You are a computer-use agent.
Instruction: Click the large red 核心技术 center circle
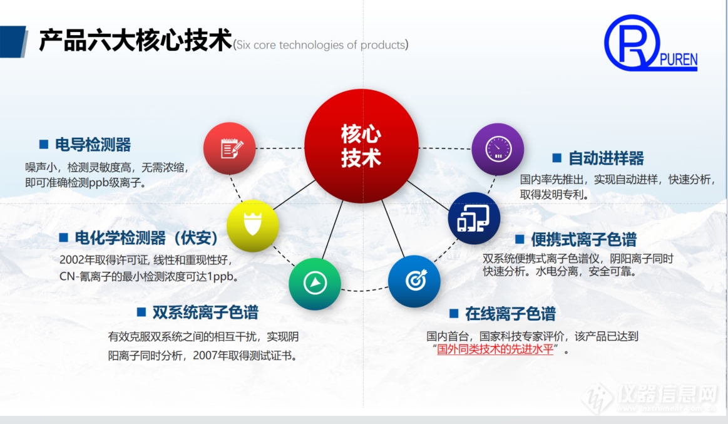coord(361,146)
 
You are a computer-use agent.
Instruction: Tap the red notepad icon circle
coord(229,148)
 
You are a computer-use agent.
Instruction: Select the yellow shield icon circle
coord(252,225)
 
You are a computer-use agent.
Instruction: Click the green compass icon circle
coord(315,283)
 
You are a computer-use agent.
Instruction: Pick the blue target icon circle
coord(414,281)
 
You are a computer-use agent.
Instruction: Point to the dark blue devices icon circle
coord(474,219)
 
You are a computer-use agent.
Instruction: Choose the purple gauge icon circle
coord(498,149)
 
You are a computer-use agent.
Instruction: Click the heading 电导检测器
coord(93,145)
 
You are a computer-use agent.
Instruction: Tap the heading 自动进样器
coord(607,158)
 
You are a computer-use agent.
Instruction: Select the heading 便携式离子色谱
coord(583,240)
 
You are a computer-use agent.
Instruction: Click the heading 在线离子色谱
coord(510,314)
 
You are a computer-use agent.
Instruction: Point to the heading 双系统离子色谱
coord(205,313)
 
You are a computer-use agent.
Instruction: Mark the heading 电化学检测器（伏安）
coord(146,238)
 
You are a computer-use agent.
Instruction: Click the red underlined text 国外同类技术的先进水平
coord(495,349)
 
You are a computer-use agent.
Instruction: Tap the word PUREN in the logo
coord(679,60)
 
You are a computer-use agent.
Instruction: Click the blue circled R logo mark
coord(632,42)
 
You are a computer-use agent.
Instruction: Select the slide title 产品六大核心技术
coord(135,40)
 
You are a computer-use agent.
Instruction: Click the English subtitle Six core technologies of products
coord(321,44)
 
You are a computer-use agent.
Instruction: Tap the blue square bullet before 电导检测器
coord(44,145)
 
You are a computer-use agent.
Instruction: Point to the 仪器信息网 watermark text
coord(669,395)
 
